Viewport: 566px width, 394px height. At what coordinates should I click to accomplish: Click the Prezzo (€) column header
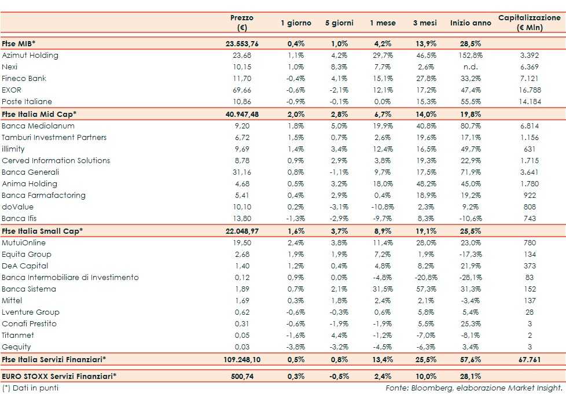pyautogui.click(x=242, y=23)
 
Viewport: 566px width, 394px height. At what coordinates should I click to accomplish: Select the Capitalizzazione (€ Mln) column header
pyautogui.click(x=529, y=23)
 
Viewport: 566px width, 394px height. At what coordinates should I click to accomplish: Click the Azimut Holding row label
pyautogui.click(x=30, y=56)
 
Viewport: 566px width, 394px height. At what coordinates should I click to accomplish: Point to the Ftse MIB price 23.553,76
pyautogui.click(x=242, y=44)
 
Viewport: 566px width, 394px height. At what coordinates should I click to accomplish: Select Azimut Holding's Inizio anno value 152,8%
pyautogui.click(x=470, y=56)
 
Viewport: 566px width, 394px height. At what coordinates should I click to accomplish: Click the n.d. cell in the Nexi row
pyautogui.click(x=470, y=67)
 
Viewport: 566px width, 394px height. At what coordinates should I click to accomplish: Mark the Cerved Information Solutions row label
pyautogui.click(x=56, y=160)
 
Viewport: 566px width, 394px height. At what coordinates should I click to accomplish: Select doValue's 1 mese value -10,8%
pyautogui.click(x=382, y=207)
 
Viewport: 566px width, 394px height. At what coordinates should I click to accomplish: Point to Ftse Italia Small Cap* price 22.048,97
pyautogui.click(x=242, y=231)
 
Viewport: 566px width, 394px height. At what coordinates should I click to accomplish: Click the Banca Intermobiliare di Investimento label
pyautogui.click(x=70, y=277)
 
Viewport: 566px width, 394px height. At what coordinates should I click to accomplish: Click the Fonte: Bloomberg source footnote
pyautogui.click(x=474, y=387)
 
